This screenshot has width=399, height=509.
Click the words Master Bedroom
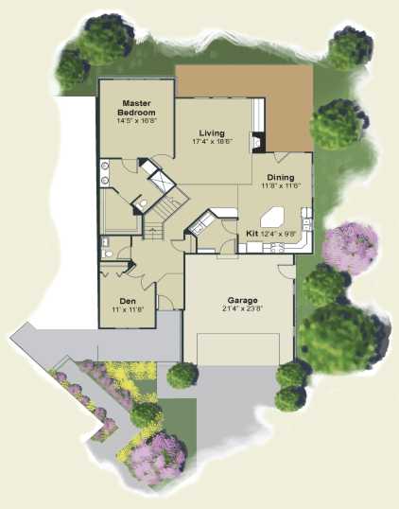(x=136, y=108)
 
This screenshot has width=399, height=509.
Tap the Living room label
(x=212, y=132)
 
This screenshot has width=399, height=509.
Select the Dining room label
(x=281, y=177)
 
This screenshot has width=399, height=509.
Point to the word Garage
(x=243, y=300)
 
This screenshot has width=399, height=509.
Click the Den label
(x=128, y=301)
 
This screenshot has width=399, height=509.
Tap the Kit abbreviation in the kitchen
(x=252, y=233)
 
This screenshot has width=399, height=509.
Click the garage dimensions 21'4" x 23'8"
(x=242, y=308)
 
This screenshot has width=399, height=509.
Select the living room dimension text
(x=213, y=141)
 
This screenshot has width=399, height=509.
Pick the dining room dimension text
(x=281, y=185)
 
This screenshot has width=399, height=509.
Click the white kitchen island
(x=272, y=218)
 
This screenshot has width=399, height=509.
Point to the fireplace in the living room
(x=257, y=142)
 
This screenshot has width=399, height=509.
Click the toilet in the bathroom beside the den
(x=108, y=253)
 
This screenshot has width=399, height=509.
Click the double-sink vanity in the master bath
(x=104, y=173)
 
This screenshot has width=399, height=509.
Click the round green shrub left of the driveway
(x=182, y=376)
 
